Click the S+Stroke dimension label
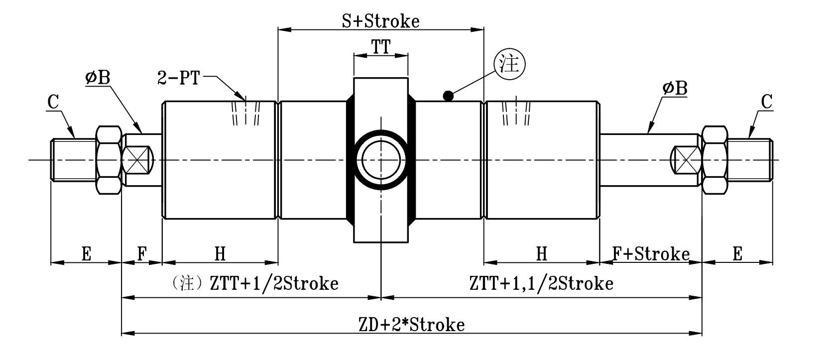pyautogui.click(x=380, y=21)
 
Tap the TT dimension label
pyautogui.click(x=380, y=47)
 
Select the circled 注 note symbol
pyautogui.click(x=509, y=66)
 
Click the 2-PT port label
pyautogui.click(x=178, y=78)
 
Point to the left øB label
pyautogui.click(x=98, y=78)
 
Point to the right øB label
pyautogui.click(x=675, y=89)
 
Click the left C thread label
pyautogui.click(x=53, y=103)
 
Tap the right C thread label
pyautogui.click(x=767, y=103)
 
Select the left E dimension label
pyautogui.click(x=86, y=254)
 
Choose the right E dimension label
pyautogui.click(x=737, y=254)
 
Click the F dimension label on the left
pyautogui.click(x=142, y=254)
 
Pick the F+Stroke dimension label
pyautogui.click(x=651, y=254)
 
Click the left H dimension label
pyautogui.click(x=220, y=254)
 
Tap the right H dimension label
pyautogui.click(x=542, y=254)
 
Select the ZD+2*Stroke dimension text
pyautogui.click(x=411, y=325)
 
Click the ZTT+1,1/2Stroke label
pyautogui.click(x=541, y=284)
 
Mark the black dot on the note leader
pyautogui.click(x=448, y=96)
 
